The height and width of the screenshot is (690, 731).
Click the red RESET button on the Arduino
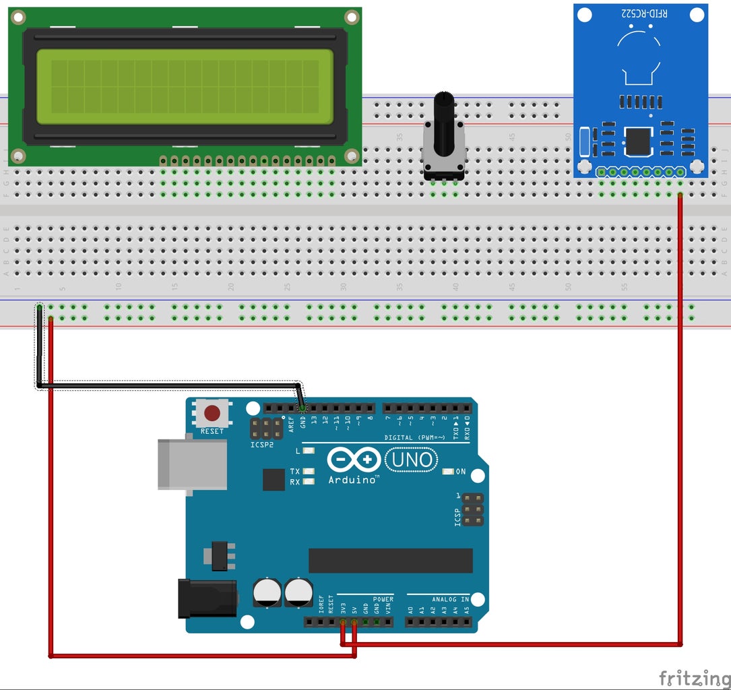coord(212,412)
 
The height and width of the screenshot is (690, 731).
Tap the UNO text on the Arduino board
coord(411,460)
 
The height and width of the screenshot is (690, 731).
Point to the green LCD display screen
coord(185,86)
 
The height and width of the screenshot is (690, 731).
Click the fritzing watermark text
coord(693,677)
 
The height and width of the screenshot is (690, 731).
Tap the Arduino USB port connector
coord(192,464)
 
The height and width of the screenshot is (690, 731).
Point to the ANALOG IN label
coord(451,599)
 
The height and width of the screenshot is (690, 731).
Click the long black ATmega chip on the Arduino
coord(390,561)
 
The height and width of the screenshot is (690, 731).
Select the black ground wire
coord(168,385)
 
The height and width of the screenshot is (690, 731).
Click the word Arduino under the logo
coord(353,480)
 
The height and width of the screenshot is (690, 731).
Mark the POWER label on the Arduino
coord(383,599)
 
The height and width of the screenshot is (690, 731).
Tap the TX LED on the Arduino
coord(309,471)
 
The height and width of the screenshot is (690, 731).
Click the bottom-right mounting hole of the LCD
coord(351,156)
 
